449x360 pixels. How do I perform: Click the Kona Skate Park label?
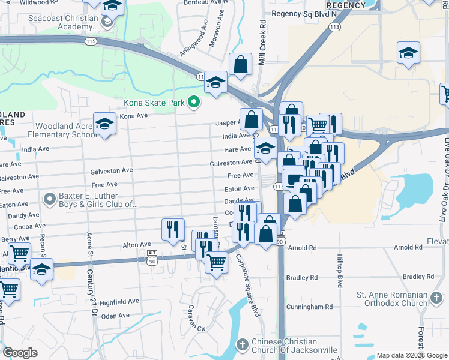pyautogui.click(x=154, y=103)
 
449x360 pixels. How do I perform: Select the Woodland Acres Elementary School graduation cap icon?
pyautogui.click(x=104, y=124)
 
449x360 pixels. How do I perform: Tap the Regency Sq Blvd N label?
pyautogui.click(x=304, y=13)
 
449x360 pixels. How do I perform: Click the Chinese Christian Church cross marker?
pyautogui.click(x=242, y=345)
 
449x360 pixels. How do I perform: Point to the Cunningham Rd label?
pyautogui.click(x=309, y=307)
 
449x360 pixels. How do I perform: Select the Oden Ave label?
pyautogui.click(x=115, y=316)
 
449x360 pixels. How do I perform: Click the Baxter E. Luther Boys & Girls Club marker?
pyautogui.click(x=49, y=199)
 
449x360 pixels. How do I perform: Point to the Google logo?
pyautogui.click(x=20, y=353)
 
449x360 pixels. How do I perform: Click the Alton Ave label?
pyautogui.click(x=137, y=245)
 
